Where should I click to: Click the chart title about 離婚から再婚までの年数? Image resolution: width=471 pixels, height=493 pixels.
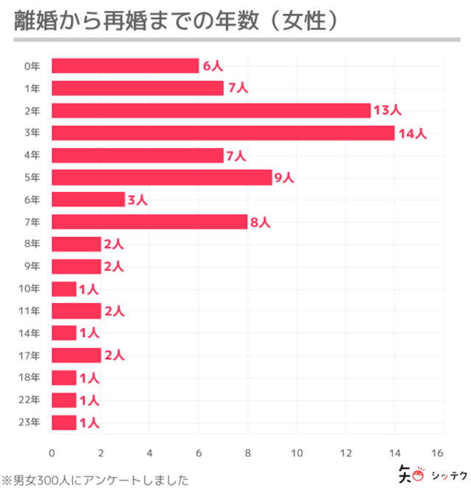coord(177,20)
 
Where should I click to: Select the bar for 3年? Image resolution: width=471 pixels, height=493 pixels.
coord(223,133)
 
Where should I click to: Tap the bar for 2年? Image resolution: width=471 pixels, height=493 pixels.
coord(210,110)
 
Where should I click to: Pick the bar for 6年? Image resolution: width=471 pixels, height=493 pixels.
coord(88,199)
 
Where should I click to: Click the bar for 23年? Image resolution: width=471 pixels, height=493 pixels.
coord(64,422)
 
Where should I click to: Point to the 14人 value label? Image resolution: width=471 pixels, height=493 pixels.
coord(412,133)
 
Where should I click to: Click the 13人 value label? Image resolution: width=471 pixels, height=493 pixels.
coord(387,110)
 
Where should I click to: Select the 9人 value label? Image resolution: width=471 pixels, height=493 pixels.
coord(283,177)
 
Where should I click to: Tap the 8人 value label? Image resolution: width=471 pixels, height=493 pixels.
coord(260,222)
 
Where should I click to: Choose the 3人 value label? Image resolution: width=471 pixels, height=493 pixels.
coord(138,200)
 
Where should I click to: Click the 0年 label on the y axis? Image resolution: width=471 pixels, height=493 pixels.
coord(32,66)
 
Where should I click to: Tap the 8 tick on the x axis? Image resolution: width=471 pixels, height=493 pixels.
coord(247,452)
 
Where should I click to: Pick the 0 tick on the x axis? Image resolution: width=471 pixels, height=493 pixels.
coord(52,452)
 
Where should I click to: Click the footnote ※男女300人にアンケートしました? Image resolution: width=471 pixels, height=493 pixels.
coord(95,480)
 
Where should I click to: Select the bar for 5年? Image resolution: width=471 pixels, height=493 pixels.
coord(162,177)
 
